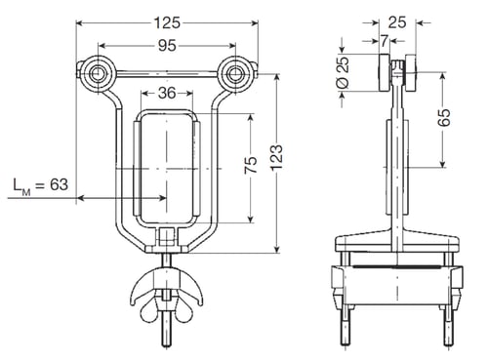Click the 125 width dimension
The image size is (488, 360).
[x=167, y=22]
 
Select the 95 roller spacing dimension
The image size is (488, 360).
[x=167, y=46]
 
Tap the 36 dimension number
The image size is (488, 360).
[x=167, y=94]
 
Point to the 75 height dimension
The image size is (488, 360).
[x=251, y=165]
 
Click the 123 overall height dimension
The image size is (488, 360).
[x=276, y=157]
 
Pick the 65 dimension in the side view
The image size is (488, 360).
[x=443, y=117]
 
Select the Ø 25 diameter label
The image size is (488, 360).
[x=343, y=73]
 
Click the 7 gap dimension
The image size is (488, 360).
[x=385, y=41]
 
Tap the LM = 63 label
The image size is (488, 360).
[x=41, y=185]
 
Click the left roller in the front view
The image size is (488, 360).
[x=97, y=74]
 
